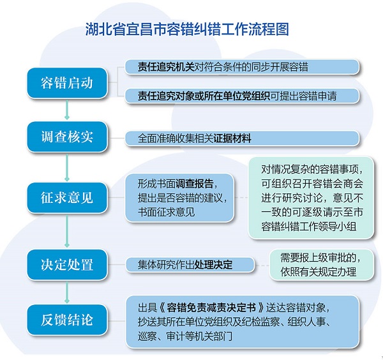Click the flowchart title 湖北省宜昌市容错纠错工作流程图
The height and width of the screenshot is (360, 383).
click(x=187, y=29)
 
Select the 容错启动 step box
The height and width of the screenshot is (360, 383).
click(x=67, y=83)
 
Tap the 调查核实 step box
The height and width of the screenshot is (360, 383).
click(x=67, y=137)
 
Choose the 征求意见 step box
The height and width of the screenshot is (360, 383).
click(x=67, y=198)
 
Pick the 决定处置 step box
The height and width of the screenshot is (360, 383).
click(x=67, y=264)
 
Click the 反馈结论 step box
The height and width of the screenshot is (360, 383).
click(x=67, y=320)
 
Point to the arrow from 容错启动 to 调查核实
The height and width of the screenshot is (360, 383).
click(x=67, y=109)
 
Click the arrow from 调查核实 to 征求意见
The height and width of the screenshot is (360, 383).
click(x=67, y=167)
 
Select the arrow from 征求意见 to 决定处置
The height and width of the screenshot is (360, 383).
click(x=67, y=231)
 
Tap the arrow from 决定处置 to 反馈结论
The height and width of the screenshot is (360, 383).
click(x=67, y=292)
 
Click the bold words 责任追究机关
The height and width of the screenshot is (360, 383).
click(x=166, y=66)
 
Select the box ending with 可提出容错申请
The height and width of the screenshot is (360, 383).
click(x=242, y=96)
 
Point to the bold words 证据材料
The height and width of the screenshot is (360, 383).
click(x=232, y=139)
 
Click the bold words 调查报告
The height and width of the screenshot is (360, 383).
click(x=195, y=183)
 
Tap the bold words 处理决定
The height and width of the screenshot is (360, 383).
click(x=213, y=264)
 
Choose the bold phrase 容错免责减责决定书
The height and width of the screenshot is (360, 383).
click(x=211, y=308)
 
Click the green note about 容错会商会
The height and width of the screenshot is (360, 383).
click(x=312, y=198)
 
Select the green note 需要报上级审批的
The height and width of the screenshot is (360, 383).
click(x=322, y=265)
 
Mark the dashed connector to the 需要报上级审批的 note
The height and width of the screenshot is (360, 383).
click(x=262, y=265)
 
